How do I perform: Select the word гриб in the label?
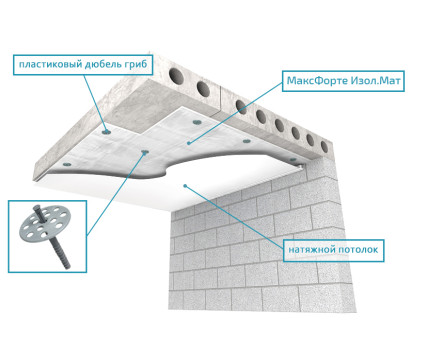[136, 64]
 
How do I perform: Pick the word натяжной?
[311, 250]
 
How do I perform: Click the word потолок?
[358, 250]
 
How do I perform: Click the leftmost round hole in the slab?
[176, 76]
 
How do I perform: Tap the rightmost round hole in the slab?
[324, 147]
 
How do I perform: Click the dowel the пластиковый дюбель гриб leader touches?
[106, 132]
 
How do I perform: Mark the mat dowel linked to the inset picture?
[145, 152]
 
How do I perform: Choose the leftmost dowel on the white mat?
[67, 164]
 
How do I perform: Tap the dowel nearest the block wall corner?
[293, 160]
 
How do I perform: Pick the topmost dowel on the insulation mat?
[197, 123]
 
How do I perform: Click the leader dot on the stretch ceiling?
[185, 186]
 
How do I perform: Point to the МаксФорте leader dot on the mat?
[189, 143]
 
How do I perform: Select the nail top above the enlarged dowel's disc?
[36, 209]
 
